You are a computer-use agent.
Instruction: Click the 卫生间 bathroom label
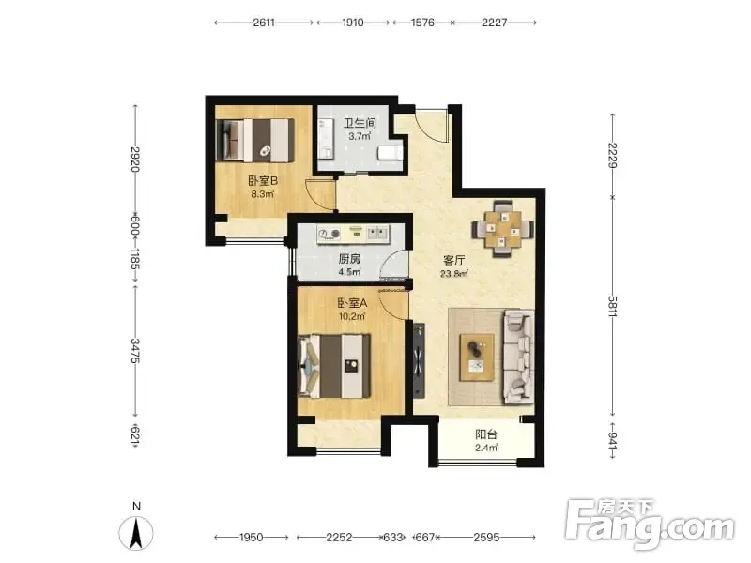[x=360, y=123]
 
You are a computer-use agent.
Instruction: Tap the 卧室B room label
[x=263, y=181]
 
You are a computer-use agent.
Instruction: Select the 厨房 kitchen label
[x=349, y=259]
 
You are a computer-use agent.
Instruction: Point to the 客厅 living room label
[x=453, y=261]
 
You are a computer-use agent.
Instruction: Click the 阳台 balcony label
[x=486, y=434]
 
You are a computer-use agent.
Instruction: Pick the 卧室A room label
[x=352, y=303]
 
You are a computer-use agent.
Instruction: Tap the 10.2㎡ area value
[x=352, y=316]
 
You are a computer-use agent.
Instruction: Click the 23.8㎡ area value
[x=453, y=274]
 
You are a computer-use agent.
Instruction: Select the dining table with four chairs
[x=502, y=229]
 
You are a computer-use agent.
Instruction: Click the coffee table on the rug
[x=477, y=358]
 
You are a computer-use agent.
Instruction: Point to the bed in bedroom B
[x=254, y=140]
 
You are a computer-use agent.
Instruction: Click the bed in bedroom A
[x=334, y=366]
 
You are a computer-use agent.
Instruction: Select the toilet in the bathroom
[x=390, y=153]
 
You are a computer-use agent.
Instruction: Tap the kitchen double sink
[x=378, y=234]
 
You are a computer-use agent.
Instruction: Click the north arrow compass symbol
[x=136, y=533]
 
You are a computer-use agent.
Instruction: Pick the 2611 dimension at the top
[x=264, y=23]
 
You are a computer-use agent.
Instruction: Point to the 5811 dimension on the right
[x=613, y=307]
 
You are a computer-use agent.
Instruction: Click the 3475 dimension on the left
[x=135, y=350]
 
